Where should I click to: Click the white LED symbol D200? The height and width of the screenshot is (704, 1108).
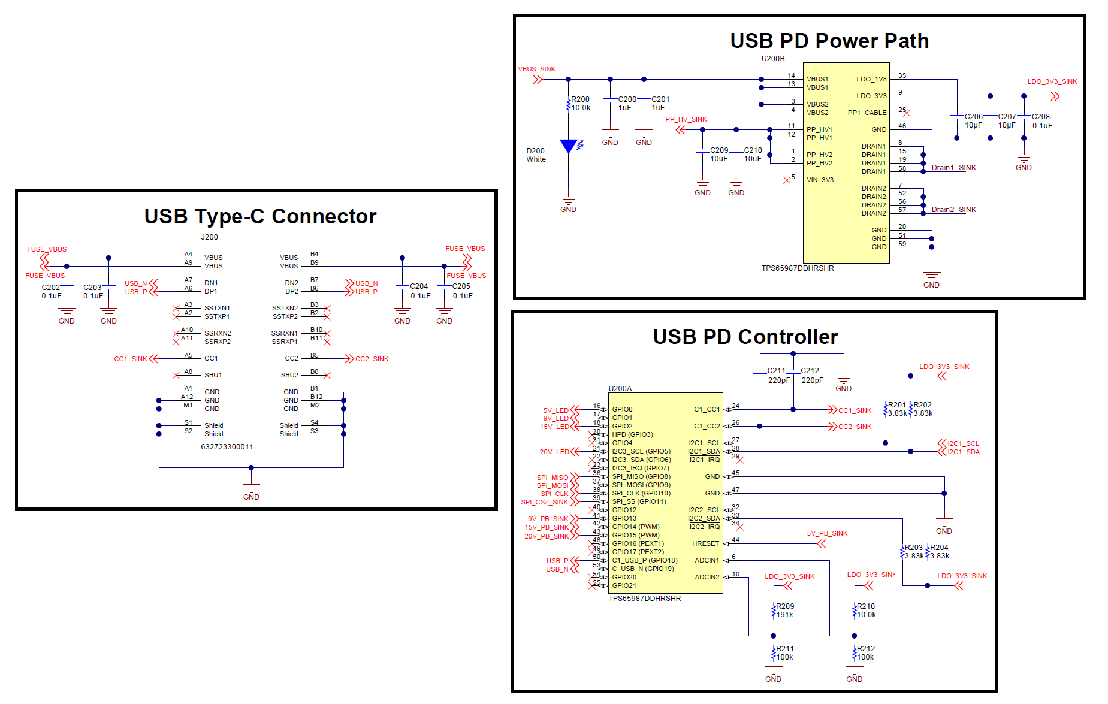[568, 146]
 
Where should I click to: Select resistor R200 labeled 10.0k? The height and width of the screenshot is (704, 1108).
[569, 104]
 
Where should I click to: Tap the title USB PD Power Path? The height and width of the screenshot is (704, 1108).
[829, 41]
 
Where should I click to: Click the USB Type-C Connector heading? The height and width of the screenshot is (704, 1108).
[260, 216]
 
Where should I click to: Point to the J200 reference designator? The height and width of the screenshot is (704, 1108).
[209, 237]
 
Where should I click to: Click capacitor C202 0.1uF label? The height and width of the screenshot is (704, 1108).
[51, 292]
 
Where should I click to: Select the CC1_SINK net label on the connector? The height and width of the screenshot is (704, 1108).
[131, 359]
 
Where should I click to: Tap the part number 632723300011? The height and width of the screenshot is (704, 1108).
[227, 447]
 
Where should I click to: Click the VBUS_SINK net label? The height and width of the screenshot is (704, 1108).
[536, 69]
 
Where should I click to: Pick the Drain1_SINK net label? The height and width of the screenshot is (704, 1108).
[953, 168]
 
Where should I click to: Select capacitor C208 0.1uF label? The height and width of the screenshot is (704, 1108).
[1041, 121]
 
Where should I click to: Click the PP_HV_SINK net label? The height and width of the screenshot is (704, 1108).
[686, 119]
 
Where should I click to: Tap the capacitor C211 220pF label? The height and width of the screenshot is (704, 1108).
[778, 376]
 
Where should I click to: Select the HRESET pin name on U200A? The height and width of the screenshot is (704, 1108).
[705, 543]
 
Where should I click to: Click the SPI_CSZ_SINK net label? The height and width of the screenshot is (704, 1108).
[544, 502]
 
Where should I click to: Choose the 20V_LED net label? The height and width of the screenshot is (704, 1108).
[554, 452]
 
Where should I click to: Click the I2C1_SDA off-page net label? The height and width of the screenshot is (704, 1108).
[963, 452]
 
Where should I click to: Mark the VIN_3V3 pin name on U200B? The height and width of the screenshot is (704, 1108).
[820, 180]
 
